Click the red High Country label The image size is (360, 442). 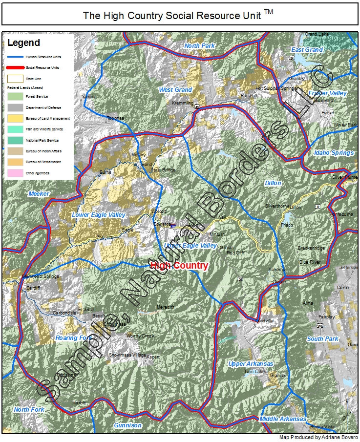click(179, 266)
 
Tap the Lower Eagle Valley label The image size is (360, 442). click(99, 215)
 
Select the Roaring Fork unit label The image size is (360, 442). click(73, 338)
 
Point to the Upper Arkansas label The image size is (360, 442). click(251, 364)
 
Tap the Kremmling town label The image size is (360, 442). click(183, 104)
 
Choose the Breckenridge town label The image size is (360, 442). click(311, 248)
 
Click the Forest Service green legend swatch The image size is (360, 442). click(15, 96)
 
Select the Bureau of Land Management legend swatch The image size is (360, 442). click(15, 118)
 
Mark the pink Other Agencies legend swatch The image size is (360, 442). click(15, 173)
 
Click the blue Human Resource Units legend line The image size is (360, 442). click(15, 57)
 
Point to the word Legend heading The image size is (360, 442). click(23, 43)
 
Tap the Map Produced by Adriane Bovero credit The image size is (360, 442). click(318, 438)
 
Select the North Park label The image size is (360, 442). click(199, 46)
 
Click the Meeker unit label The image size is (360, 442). click(39, 194)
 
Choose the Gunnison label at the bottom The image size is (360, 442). click(127, 425)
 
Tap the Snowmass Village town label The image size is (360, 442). click(127, 355)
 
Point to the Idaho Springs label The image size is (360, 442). click(334, 153)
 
